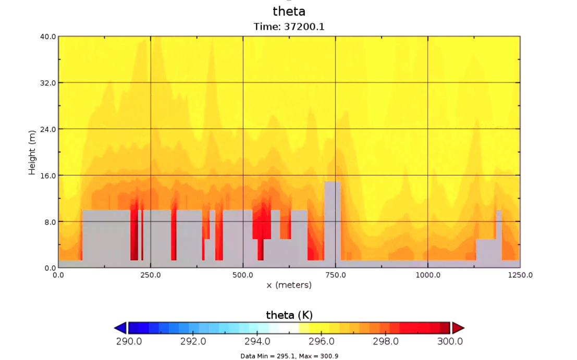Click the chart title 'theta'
pos(289,11)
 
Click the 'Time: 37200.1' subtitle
pos(289,27)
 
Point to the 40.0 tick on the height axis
pos(48,37)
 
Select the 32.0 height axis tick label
pos(48,83)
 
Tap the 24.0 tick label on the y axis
pos(48,129)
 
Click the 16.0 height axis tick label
pos(48,176)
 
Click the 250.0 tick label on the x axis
pos(151,275)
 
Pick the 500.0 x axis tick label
pos(243,275)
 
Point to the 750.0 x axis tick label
pos(335,275)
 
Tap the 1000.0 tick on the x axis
pos(427,275)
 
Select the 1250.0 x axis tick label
pos(520,275)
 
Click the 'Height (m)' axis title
pos(32,152)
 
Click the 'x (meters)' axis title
pos(289,285)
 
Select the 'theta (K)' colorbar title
pos(289,315)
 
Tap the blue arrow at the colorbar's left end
pos(120,328)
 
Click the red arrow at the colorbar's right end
pos(458,328)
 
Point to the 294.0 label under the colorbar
pos(257,341)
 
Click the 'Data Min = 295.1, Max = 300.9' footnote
pos(289,355)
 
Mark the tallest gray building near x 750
pos(332,219)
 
